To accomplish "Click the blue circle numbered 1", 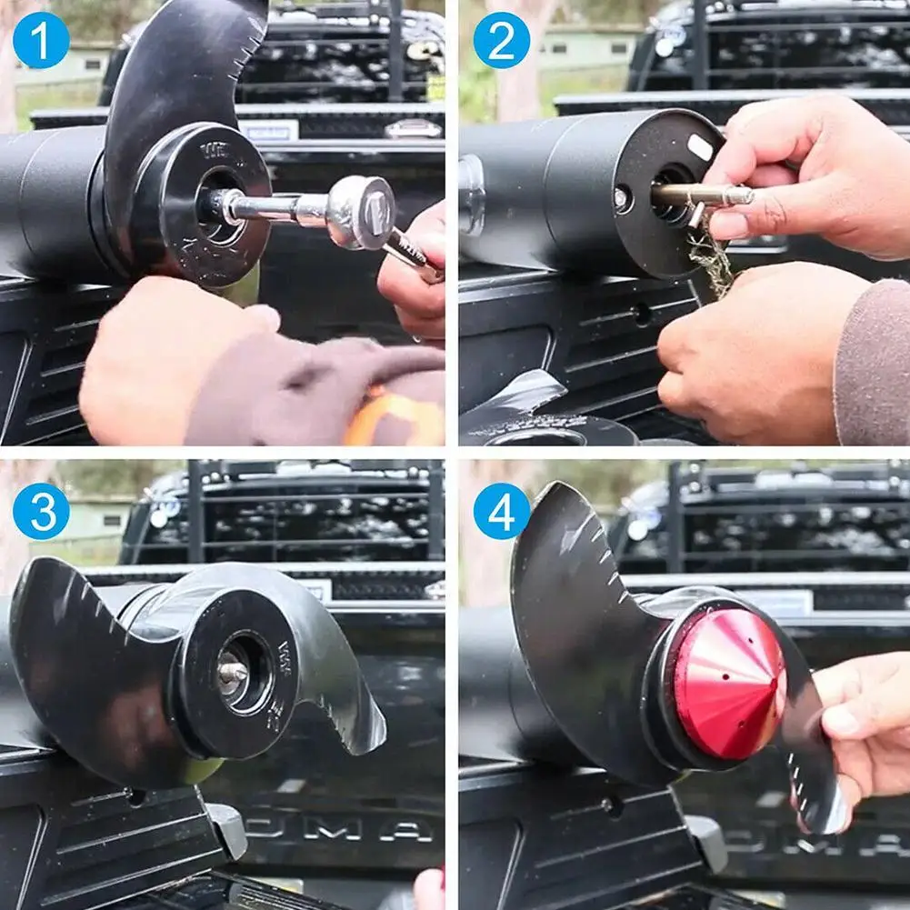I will point(41,40).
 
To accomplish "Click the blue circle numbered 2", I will point(501,40).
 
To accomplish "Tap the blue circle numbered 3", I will point(41,512).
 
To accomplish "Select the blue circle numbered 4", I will point(501,512).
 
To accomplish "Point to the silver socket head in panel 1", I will point(362,213).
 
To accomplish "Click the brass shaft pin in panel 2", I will point(700,195).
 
